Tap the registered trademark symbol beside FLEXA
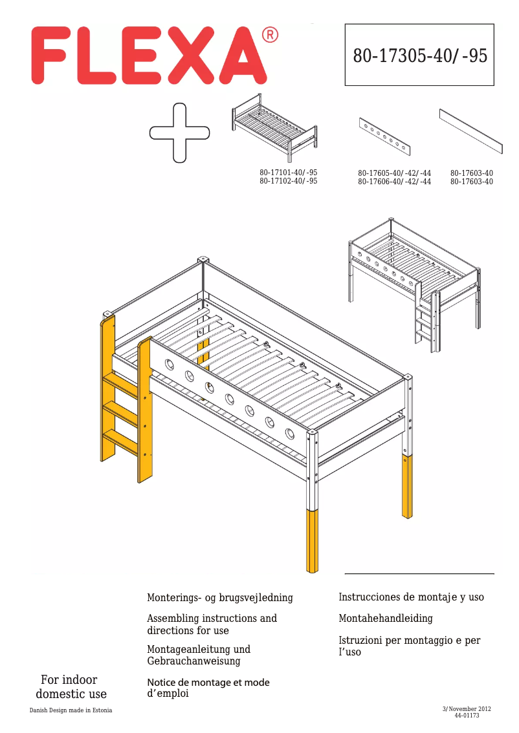click(x=271, y=35)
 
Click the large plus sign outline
click(x=179, y=133)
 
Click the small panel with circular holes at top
click(x=385, y=136)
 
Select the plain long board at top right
click(x=470, y=131)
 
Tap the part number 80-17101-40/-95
click(x=289, y=173)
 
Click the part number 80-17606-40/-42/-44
click(x=394, y=182)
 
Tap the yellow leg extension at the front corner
click(x=312, y=540)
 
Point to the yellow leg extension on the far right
click(x=407, y=487)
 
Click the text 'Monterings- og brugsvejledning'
click(x=220, y=598)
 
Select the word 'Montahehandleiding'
click(x=386, y=619)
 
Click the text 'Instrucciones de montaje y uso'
click(x=411, y=597)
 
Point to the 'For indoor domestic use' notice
click(x=71, y=687)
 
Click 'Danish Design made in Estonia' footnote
click(x=71, y=710)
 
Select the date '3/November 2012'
click(x=466, y=709)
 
